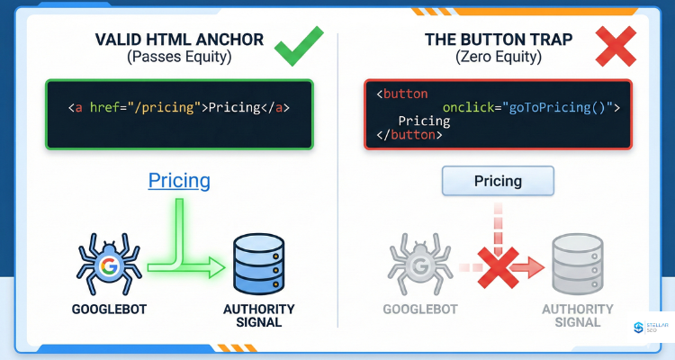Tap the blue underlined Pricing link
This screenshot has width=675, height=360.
[179, 180]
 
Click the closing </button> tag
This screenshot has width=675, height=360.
[409, 135]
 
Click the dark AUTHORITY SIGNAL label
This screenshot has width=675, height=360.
[259, 315]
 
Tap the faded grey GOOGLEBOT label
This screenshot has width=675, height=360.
[420, 309]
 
